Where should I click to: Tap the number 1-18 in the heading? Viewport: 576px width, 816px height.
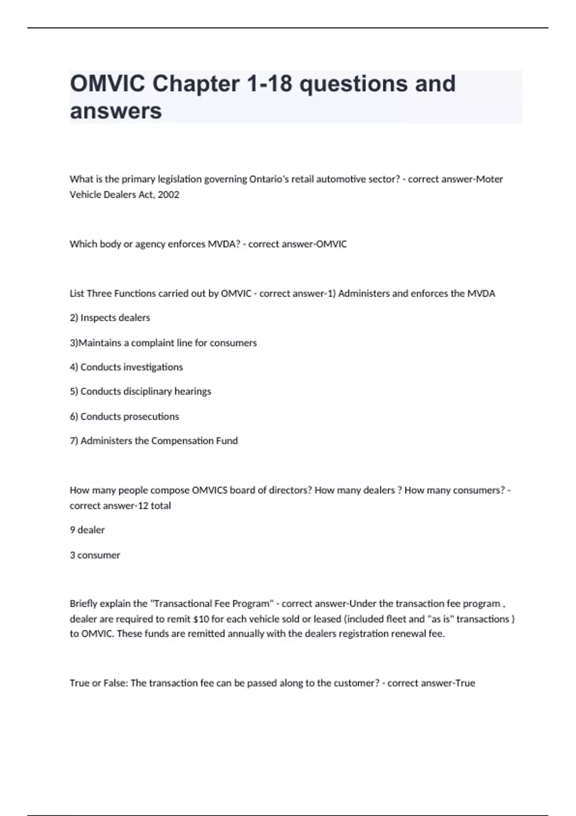click(x=269, y=84)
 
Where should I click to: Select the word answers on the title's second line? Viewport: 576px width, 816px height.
click(x=116, y=111)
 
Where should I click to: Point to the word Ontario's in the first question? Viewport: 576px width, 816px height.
click(x=269, y=179)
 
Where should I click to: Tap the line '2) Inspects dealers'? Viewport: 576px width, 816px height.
click(x=110, y=318)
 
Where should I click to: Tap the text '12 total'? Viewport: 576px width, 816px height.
click(x=154, y=505)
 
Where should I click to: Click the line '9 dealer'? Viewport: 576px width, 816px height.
click(x=87, y=530)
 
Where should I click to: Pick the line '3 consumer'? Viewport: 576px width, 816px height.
click(x=95, y=555)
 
